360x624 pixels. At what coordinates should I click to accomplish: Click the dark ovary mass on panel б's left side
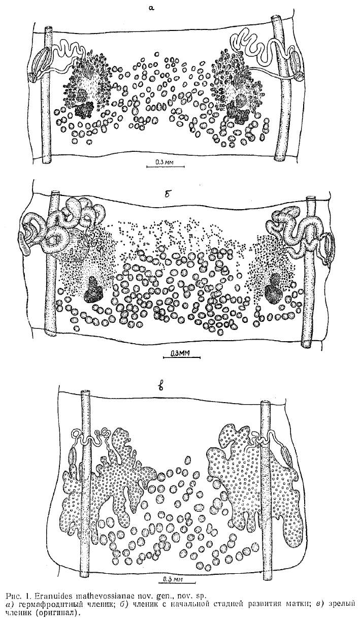[x=94, y=290]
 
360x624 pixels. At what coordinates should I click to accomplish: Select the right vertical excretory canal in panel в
[x=266, y=482]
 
